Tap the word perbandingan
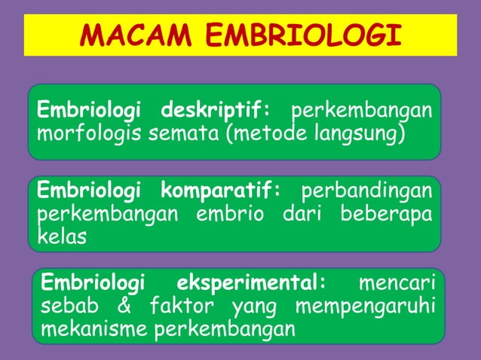point(367,188)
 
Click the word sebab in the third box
point(66,307)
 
